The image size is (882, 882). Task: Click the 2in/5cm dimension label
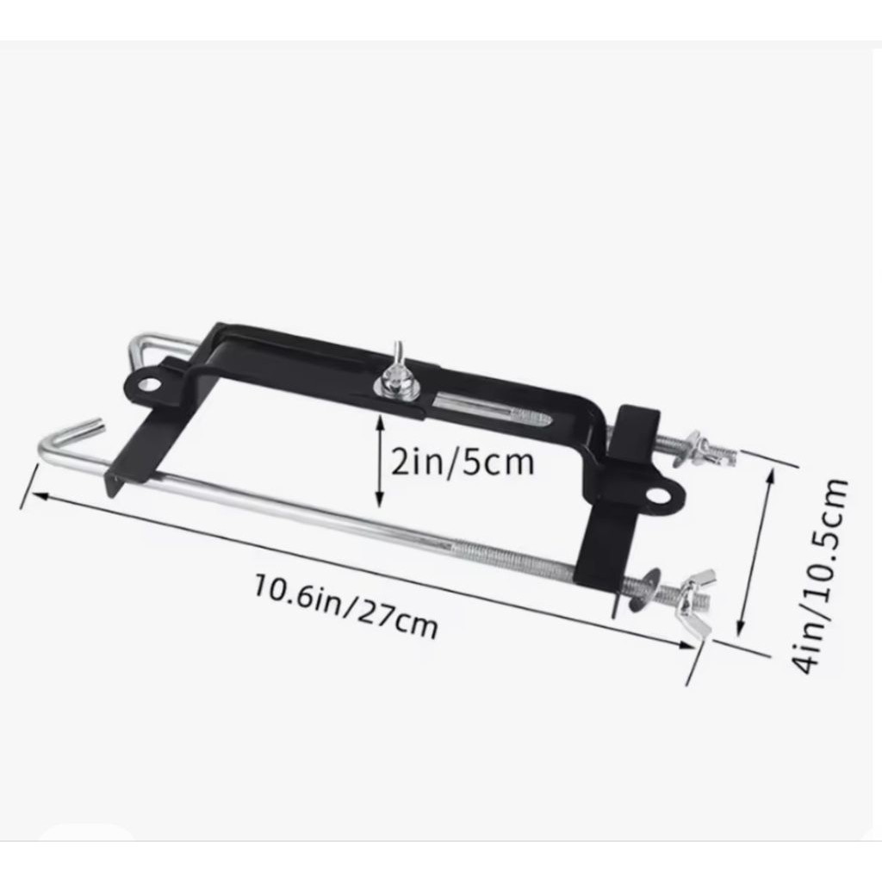coord(462,463)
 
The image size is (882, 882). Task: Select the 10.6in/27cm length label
coord(345,606)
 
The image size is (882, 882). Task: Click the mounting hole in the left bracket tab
coord(149,385)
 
